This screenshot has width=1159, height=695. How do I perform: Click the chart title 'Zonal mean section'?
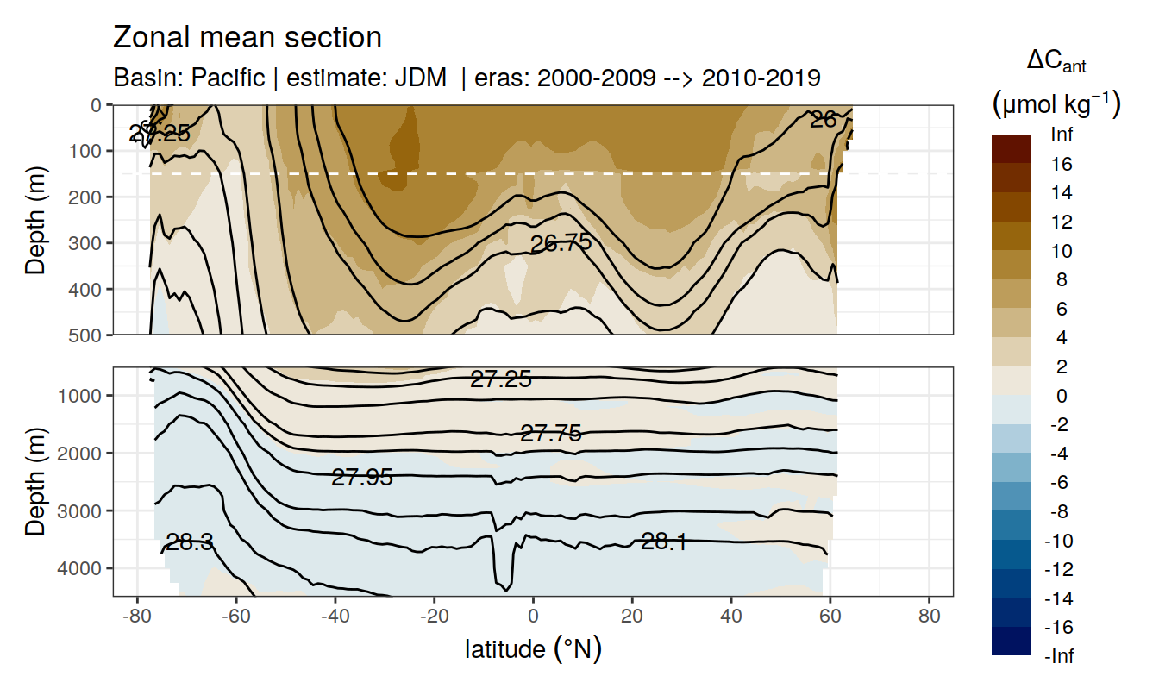point(247,38)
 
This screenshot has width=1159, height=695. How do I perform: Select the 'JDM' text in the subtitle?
point(421,78)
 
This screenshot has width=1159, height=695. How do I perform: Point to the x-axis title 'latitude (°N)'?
point(533,648)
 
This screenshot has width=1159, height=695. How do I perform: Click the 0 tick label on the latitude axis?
point(533,618)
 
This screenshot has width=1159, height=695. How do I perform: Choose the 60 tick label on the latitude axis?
point(830,618)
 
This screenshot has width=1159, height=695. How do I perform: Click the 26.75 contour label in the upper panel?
point(561,243)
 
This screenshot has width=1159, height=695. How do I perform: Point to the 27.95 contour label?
point(362,477)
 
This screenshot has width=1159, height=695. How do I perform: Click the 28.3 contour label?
point(190,542)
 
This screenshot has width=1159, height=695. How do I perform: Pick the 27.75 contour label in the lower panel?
point(551,434)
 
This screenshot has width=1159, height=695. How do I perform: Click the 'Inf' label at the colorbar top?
point(1061,135)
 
